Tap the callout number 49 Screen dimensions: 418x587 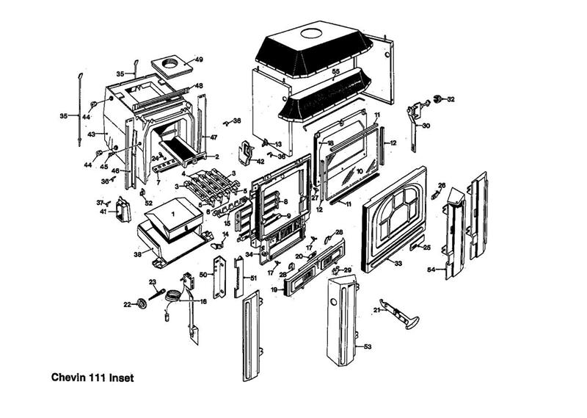tap(199, 59)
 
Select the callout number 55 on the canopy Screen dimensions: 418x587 tap(335, 71)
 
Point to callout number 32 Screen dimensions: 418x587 tap(451, 98)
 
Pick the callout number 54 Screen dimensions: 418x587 tap(431, 270)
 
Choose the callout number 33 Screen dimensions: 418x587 tap(398, 262)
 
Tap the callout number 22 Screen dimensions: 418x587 tap(126, 304)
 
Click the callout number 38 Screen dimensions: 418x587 tap(137, 254)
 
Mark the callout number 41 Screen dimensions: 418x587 tap(103, 212)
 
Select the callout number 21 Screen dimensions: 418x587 tap(376, 310)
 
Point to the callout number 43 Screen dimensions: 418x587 tap(92, 134)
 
